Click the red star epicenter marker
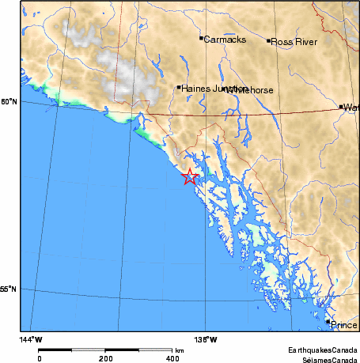189,177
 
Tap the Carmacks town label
225,39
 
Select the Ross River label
294,42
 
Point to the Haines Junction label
207,89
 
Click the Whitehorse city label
249,91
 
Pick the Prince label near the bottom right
344,325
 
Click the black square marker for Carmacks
201,37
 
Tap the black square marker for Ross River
269,40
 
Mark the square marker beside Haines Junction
180,88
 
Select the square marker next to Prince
328,322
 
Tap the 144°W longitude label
32,339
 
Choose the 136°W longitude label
207,339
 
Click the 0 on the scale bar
39,357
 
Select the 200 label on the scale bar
106,357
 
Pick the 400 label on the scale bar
172,357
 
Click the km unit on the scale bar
180,350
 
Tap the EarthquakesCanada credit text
322,349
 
